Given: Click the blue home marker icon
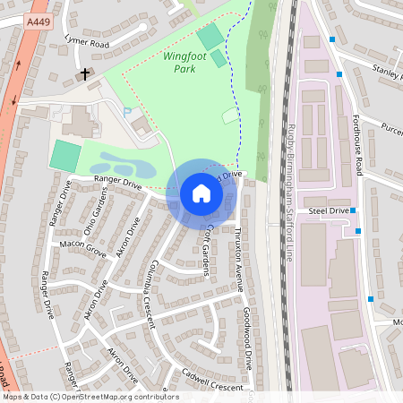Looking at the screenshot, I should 201,193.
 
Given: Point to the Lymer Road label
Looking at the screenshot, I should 87,42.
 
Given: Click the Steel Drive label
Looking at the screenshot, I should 328,210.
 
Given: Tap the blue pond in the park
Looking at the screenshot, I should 121,165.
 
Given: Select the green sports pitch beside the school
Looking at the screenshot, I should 64,156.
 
